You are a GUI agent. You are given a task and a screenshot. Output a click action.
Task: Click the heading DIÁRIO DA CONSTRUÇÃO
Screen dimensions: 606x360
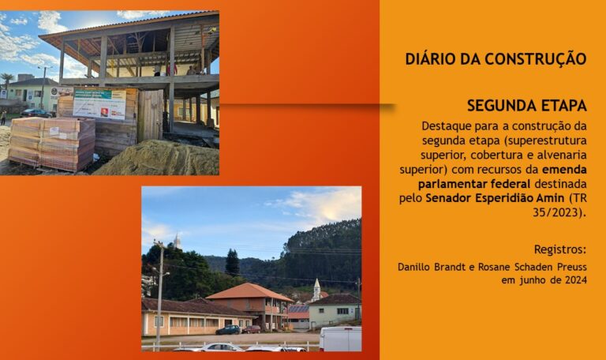click(x=496, y=59)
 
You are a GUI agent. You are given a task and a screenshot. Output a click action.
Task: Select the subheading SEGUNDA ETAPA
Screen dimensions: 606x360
click(x=527, y=106)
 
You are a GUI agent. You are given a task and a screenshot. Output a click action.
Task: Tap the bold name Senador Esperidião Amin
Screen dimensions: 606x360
click(x=495, y=198)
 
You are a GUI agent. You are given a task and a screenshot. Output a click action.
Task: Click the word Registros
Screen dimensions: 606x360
click(x=560, y=249)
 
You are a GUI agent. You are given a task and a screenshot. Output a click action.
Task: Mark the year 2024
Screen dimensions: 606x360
click(x=576, y=280)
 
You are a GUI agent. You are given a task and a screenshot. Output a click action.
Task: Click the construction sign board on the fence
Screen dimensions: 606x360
click(x=99, y=103)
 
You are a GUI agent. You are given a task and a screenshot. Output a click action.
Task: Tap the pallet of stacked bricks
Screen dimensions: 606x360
click(x=52, y=144)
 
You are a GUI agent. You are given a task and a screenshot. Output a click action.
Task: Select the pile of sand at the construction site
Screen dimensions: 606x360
click(x=159, y=159)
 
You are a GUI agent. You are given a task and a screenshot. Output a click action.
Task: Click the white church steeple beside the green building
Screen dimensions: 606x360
click(x=316, y=289)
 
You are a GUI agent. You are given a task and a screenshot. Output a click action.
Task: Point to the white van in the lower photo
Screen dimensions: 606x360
click(x=341, y=339)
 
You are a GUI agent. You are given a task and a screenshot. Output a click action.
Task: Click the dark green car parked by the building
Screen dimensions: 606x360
click(x=228, y=330)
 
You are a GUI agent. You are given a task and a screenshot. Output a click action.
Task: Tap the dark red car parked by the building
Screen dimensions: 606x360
click(x=251, y=329)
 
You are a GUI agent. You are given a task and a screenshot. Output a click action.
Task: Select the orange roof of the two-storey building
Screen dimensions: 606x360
click(x=249, y=291)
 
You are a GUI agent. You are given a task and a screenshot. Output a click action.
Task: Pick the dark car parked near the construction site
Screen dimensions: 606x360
click(x=36, y=114)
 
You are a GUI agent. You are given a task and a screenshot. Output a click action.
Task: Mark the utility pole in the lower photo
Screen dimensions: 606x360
click(x=159, y=294)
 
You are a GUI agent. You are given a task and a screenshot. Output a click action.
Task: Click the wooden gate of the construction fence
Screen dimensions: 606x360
click(x=151, y=115)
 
